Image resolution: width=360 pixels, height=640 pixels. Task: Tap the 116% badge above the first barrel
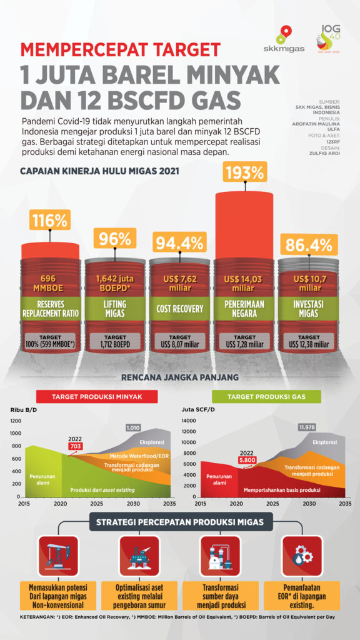pos(49,221)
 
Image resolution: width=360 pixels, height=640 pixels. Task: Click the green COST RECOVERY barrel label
pos(179,309)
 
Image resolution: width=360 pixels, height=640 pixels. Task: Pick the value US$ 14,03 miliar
pos(244,283)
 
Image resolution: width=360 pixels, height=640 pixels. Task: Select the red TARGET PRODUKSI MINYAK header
pos(96,397)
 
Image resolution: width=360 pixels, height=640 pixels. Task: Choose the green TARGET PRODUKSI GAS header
pos(267,397)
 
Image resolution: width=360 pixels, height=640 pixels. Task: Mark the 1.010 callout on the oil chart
pos(133,427)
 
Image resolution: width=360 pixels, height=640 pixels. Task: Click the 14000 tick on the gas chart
pos(189,421)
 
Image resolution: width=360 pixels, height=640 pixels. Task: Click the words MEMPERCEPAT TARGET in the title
pos(121,49)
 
